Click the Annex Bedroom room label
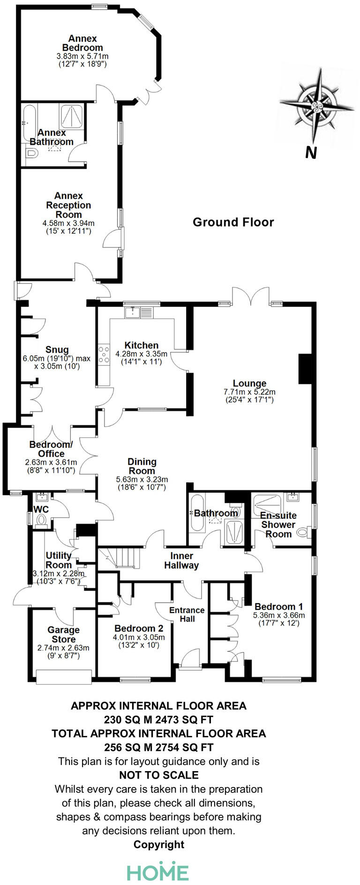coord(82,43)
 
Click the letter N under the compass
coord(311,153)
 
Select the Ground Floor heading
coord(233,222)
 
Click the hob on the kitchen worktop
coord(103,354)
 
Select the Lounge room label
coord(249,383)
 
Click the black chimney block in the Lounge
coord(305,369)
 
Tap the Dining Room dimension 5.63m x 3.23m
coord(142,480)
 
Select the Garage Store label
coord(63,635)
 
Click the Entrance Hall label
coord(187,614)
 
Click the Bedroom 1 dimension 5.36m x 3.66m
coord(279,615)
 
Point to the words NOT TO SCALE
coord(159,775)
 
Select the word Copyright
coord(159,845)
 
